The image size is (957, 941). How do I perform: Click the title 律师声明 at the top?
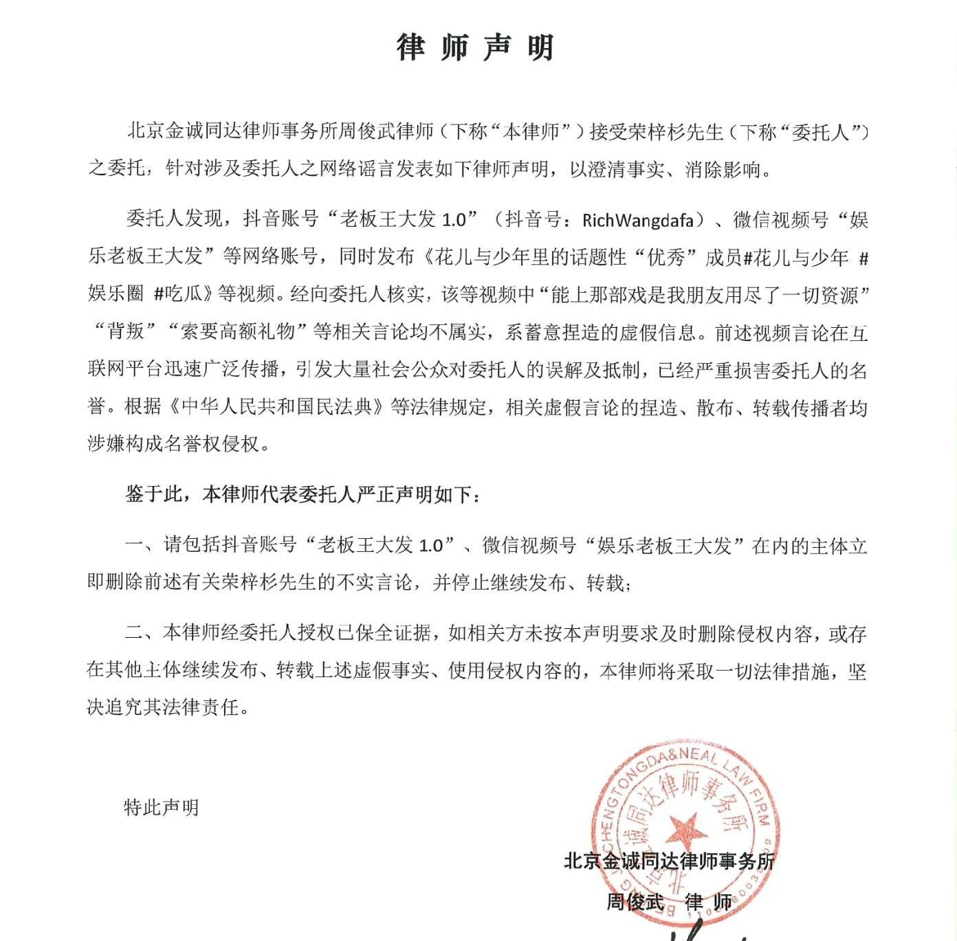[x=475, y=47]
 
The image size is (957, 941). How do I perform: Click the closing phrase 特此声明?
[x=161, y=807]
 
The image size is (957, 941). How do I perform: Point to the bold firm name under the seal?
[x=668, y=861]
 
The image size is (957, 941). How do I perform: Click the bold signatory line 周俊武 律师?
[x=668, y=901]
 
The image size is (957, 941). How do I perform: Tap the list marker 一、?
[x=142, y=546]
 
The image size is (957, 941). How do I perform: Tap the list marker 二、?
[x=142, y=633]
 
